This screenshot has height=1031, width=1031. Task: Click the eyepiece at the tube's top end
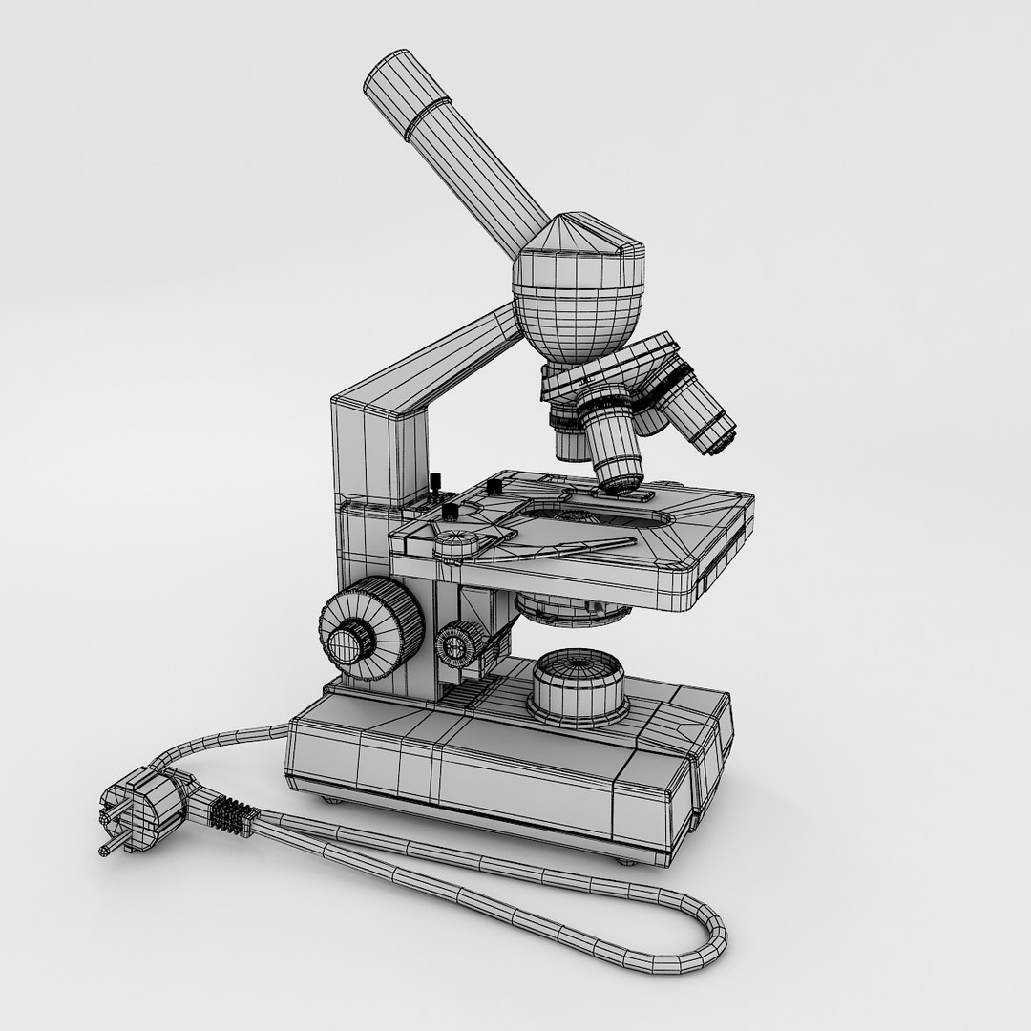tap(406, 93)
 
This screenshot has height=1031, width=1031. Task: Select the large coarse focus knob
tap(369, 631)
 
